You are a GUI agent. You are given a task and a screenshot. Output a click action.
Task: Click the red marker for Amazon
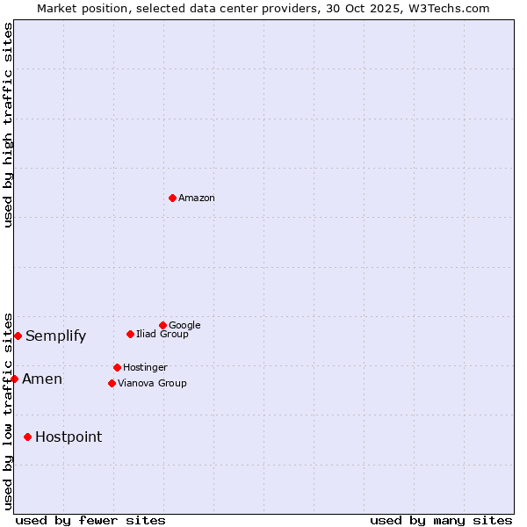[x=172, y=198]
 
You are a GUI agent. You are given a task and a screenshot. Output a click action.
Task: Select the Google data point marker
[x=162, y=325]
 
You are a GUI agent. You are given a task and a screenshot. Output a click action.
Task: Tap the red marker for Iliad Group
[x=130, y=334]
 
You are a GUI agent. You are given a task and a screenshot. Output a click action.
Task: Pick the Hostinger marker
[x=117, y=367]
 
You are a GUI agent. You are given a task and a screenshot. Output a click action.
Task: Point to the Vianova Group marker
[x=112, y=383]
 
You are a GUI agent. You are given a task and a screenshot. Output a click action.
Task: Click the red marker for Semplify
[x=18, y=336]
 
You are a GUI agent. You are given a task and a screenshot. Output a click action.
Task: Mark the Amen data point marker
[x=14, y=379]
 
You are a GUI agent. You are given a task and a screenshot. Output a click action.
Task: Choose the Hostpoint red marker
[x=27, y=437]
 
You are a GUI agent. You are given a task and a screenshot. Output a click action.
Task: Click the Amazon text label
[x=197, y=198]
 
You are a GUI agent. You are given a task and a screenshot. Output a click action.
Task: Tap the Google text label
[x=184, y=325]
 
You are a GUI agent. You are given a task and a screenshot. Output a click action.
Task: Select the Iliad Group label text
[x=162, y=334]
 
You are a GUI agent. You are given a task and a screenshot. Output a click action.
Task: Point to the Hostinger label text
[x=145, y=367]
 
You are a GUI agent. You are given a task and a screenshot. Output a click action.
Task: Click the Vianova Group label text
[x=152, y=383]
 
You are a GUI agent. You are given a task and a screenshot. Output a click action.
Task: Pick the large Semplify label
[x=55, y=336]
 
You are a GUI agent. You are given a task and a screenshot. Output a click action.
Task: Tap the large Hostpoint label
[x=69, y=437]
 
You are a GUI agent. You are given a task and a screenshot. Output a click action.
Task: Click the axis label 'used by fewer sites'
[x=90, y=520]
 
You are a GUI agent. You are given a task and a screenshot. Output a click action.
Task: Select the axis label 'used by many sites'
[x=441, y=520]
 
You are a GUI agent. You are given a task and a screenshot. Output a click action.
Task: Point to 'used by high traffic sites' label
[x=8, y=125]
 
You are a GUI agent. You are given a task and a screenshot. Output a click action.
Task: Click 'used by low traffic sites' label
[x=8, y=411]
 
